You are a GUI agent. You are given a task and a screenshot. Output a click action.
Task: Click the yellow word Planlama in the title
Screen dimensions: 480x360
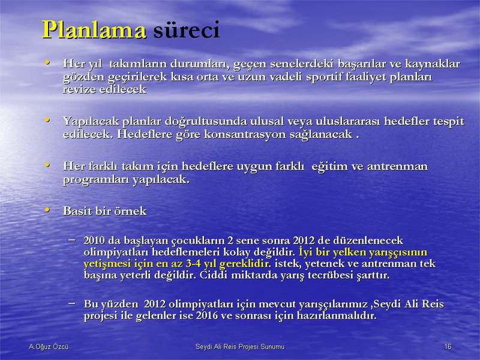pos(94,30)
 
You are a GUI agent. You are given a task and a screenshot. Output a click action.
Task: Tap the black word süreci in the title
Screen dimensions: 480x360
pos(187,29)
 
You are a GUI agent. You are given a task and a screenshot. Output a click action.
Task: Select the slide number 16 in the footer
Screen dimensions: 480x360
pos(448,347)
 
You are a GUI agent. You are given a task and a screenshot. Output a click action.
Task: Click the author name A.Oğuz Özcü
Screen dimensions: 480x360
pos(49,347)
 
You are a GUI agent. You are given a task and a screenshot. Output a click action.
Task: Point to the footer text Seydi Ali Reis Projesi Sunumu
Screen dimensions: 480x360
pos(240,347)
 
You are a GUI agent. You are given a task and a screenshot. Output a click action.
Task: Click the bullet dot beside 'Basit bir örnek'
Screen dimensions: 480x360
pos(47,209)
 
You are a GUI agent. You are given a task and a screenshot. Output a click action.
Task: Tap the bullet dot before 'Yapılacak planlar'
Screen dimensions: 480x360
pos(47,119)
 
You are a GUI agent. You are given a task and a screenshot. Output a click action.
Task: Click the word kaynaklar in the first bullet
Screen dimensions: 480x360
pos(433,64)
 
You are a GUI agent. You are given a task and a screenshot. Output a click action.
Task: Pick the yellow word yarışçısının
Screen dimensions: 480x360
pos(398,253)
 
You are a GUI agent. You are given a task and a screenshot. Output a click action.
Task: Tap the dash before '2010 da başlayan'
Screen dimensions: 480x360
pos(72,239)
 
